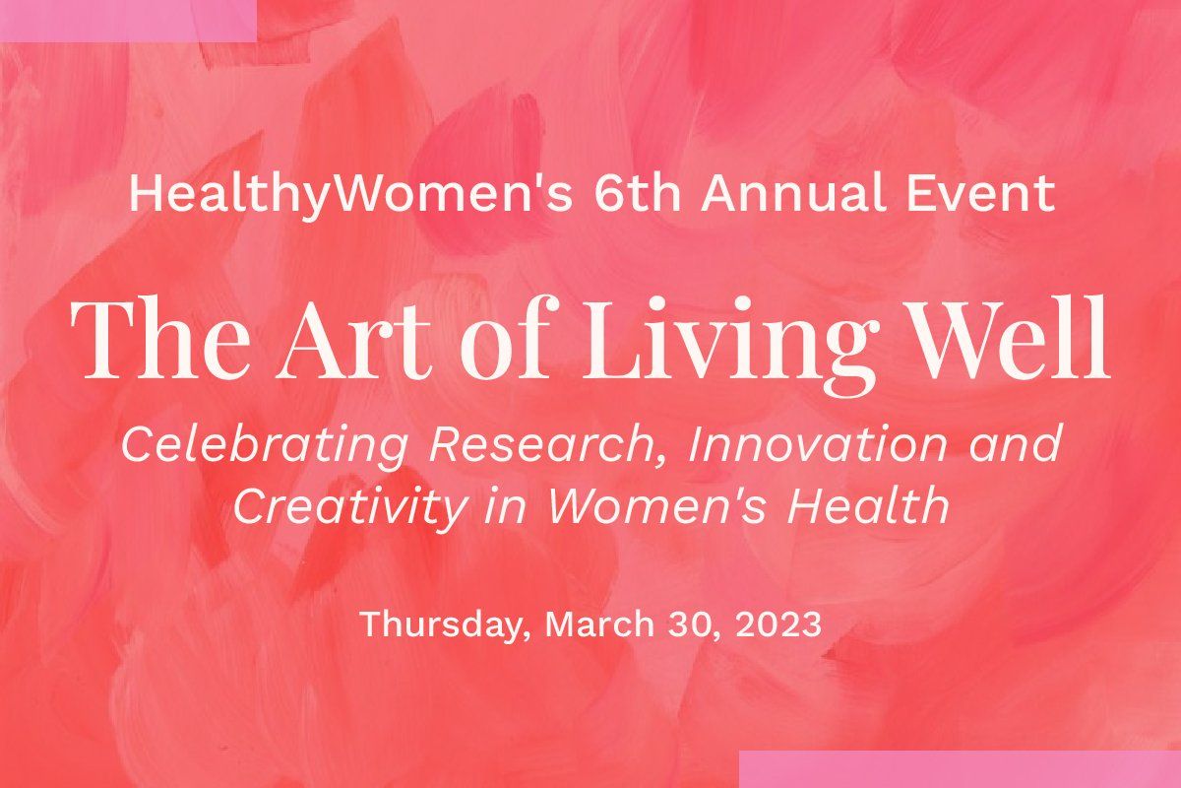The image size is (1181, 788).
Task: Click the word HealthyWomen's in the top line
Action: tap(349, 193)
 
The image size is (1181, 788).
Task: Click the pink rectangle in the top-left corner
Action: tap(128, 20)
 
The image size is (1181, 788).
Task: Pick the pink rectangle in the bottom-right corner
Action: tap(960, 769)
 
